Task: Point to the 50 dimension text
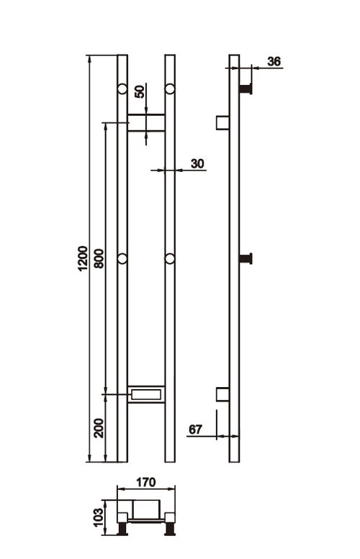[x=140, y=91]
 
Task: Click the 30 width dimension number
[x=197, y=164]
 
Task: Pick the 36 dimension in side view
[x=274, y=61]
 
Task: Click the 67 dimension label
[x=195, y=430]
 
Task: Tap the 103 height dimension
[x=99, y=516]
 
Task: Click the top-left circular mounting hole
[x=122, y=89]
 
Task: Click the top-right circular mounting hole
[x=170, y=89]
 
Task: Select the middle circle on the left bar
[x=122, y=258]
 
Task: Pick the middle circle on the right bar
[x=170, y=258]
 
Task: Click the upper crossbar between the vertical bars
[x=146, y=122]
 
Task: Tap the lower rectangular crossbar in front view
[x=146, y=393]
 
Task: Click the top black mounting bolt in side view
[x=247, y=88]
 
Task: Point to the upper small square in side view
[x=222, y=122]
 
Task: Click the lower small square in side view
[x=222, y=394]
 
